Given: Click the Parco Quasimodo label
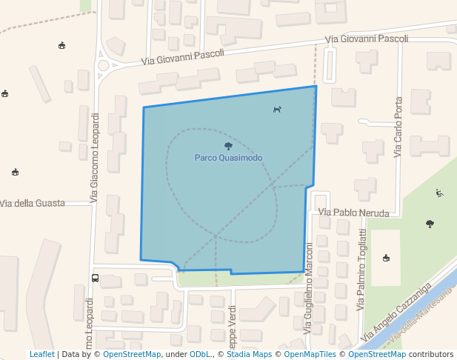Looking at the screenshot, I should point(228,158).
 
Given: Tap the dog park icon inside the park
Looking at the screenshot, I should point(277,110).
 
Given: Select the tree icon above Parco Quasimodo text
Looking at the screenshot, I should point(228,146).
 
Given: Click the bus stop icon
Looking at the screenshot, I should point(95,279).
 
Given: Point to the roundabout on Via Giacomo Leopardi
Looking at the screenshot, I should point(102,65).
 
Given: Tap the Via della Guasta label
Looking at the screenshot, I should point(43,203).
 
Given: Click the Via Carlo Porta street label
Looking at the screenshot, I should point(398,127).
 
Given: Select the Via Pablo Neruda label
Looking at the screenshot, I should point(353,213).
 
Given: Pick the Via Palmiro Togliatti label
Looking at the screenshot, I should point(362,268).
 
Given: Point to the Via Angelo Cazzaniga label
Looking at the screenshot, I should point(396,314).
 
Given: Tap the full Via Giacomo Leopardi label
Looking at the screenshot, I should point(94,158).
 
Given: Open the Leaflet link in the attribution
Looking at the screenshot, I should point(41,354).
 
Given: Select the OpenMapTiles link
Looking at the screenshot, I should point(310,354).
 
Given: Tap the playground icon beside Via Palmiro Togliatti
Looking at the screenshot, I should point(386,258).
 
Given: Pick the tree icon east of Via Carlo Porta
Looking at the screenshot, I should point(430,223).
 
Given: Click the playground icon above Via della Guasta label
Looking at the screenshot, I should point(15,173).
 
